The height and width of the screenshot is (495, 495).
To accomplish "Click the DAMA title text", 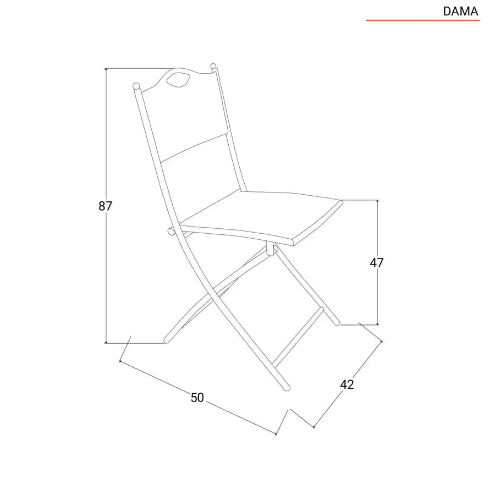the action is coord(460,12).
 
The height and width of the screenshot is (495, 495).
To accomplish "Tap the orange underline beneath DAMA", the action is coord(422,20).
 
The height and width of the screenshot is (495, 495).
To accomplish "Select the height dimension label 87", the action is coord(105,206).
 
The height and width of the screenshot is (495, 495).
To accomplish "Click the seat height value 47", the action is coord(376,263).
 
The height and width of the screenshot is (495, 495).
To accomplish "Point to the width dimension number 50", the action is coord(197,398).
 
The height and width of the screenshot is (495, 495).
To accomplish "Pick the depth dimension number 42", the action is coord(347,384).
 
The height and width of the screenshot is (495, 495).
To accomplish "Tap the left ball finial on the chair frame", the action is coord(136,86).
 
